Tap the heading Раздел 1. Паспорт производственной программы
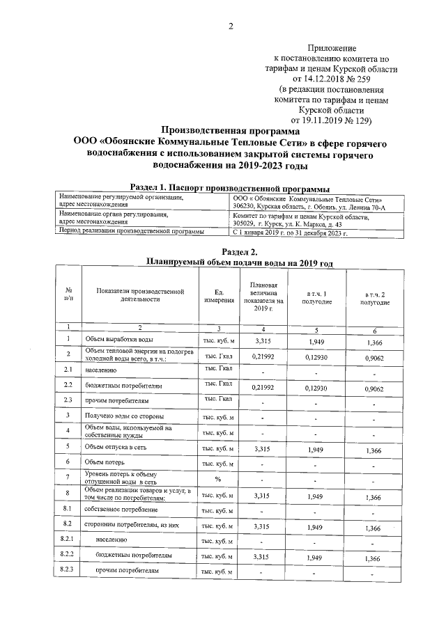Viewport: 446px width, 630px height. coord(230,187)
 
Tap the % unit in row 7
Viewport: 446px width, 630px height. coord(217,479)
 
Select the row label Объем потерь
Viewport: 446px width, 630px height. coord(105,462)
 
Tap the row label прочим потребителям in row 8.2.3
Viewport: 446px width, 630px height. coord(128,570)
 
